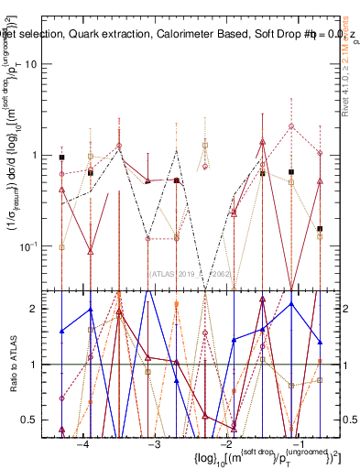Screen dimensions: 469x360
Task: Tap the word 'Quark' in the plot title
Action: [93, 35]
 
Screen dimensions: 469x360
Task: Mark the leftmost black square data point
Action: [61, 158]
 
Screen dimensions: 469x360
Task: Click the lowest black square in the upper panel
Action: [320, 229]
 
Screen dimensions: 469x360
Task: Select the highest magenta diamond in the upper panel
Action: [291, 126]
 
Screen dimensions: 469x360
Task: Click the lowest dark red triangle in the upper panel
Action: [90, 251]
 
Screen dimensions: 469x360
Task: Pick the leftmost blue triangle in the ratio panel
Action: [61, 331]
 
